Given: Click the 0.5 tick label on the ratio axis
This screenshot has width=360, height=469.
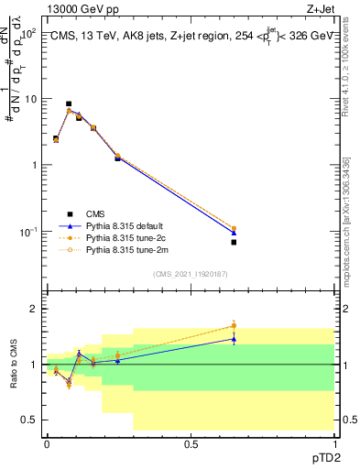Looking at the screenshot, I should click(29, 420).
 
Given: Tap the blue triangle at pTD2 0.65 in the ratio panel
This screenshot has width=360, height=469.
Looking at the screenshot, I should click(234, 339).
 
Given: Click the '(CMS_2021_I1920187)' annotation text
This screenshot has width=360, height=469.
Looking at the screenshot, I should click(190, 273).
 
